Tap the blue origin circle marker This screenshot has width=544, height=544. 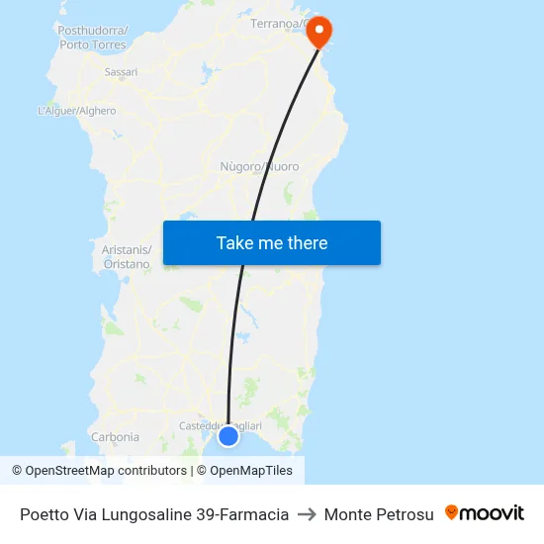tap(228, 435)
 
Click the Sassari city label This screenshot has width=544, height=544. tap(121, 72)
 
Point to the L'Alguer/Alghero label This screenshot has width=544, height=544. tap(76, 111)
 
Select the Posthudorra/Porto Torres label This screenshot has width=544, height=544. tap(93, 38)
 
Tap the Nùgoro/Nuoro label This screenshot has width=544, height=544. tap(259, 166)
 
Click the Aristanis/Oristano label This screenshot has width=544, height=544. tap(127, 257)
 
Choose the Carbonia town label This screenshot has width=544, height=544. tap(115, 436)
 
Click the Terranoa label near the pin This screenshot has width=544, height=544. tap(277, 23)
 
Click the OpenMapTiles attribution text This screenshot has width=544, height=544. tap(249, 471)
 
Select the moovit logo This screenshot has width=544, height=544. tap(485, 513)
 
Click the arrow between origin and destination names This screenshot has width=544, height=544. tap(306, 514)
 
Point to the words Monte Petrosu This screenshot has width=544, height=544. tap(379, 514)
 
